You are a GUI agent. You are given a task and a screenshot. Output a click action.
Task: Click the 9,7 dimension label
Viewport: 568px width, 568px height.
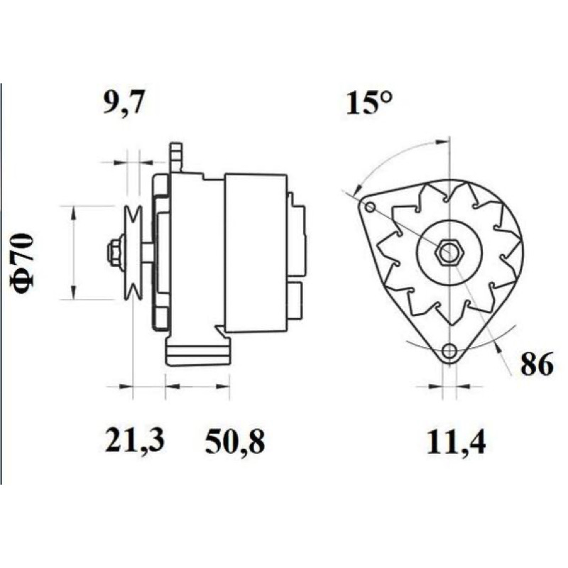pyautogui.click(x=124, y=102)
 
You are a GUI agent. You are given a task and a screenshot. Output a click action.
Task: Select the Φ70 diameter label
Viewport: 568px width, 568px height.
pyautogui.click(x=24, y=263)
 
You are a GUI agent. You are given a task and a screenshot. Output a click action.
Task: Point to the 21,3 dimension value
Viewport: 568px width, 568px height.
pyautogui.click(x=134, y=440)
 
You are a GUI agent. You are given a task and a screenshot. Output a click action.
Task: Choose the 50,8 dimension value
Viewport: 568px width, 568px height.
pyautogui.click(x=235, y=442)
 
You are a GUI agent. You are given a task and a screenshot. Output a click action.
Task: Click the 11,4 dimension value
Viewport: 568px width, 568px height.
pyautogui.click(x=456, y=442)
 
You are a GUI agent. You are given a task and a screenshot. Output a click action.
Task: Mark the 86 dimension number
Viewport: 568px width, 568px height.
pyautogui.click(x=537, y=364)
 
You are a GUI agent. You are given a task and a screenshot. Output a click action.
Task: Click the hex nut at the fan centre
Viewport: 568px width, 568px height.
pyautogui.click(x=449, y=251)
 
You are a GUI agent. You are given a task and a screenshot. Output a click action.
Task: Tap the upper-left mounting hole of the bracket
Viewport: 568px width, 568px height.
pyautogui.click(x=370, y=207)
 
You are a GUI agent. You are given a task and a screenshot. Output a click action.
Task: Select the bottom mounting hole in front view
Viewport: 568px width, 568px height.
pyautogui.click(x=449, y=350)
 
